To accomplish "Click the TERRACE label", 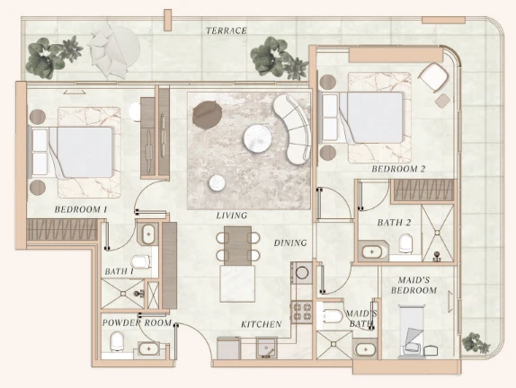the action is coord(227,31).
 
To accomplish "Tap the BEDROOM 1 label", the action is coord(81,209).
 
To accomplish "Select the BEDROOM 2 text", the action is coord(398,169).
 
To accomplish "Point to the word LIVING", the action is coord(232,216).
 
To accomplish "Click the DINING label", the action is coord(290,243).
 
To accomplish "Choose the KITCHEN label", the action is coord(262,324).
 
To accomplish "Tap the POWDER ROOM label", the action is coord(137,323).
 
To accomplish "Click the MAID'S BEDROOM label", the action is coord(414,285).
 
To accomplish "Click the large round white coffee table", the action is coord(258,138).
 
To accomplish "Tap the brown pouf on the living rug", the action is coord(207,114).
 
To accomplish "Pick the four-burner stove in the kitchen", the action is coord(301,312).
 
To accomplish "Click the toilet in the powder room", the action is coord(117,341).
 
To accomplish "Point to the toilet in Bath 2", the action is coord(405,243).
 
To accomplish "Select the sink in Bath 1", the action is coord(148,234).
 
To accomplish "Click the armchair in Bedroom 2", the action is coord(433,77).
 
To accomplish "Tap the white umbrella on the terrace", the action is coord(114,52).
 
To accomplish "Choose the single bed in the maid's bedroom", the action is coord(412,331).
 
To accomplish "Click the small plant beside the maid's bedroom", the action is coord(476,343).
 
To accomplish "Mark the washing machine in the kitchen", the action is coord(302,272).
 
